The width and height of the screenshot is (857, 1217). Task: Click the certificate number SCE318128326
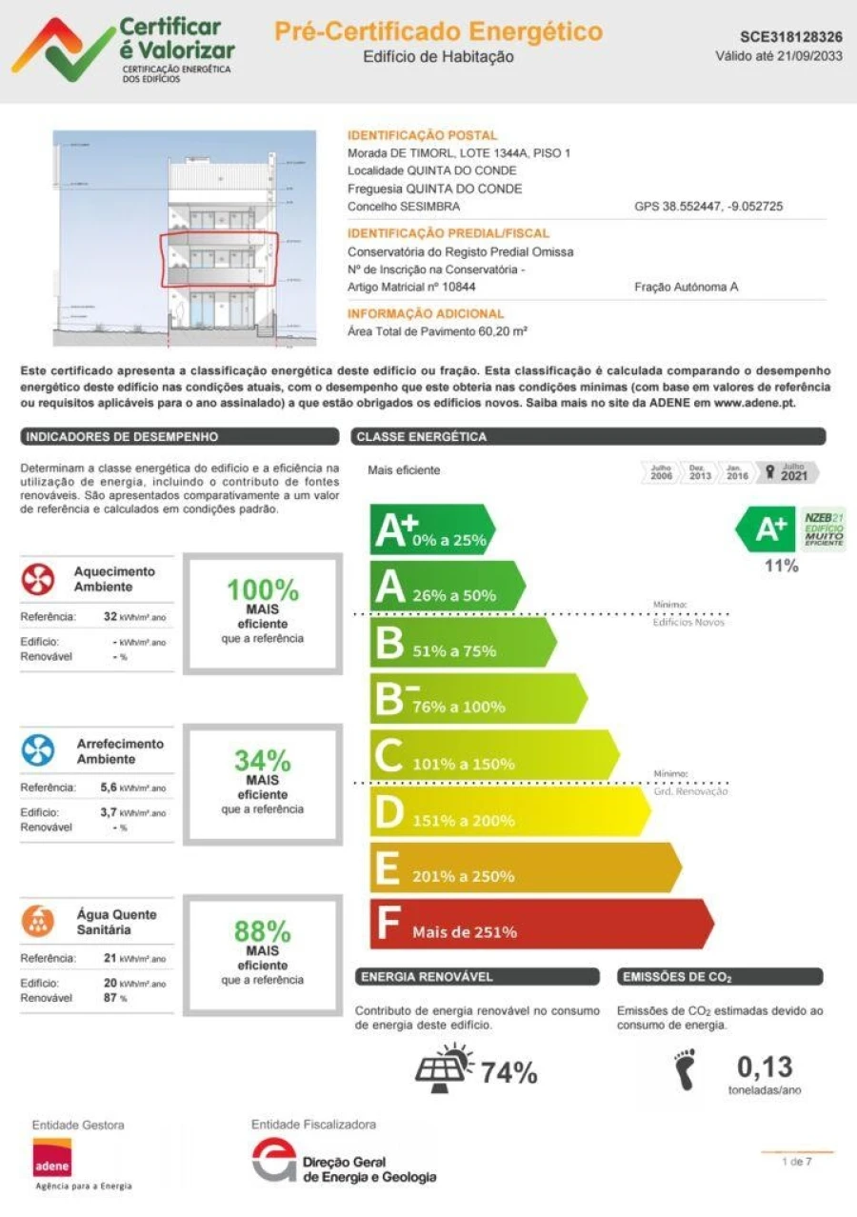(790, 37)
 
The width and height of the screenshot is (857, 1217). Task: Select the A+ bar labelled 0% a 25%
(430, 529)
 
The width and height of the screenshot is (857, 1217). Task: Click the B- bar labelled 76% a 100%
(475, 698)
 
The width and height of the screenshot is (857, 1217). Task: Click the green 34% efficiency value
(263, 760)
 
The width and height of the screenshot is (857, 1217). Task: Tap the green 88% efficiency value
(263, 930)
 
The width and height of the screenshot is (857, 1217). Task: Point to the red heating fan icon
(39, 579)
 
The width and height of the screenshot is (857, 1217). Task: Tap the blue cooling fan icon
(39, 751)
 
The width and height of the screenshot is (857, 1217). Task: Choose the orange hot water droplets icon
(39, 922)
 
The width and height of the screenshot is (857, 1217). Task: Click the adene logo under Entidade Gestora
(52, 1157)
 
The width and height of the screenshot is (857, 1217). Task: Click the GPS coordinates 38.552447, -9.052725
(708, 207)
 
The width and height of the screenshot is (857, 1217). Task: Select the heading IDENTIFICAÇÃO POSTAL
(422, 135)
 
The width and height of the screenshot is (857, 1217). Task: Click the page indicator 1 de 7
(796, 1162)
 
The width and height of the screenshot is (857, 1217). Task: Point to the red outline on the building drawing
(219, 259)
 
